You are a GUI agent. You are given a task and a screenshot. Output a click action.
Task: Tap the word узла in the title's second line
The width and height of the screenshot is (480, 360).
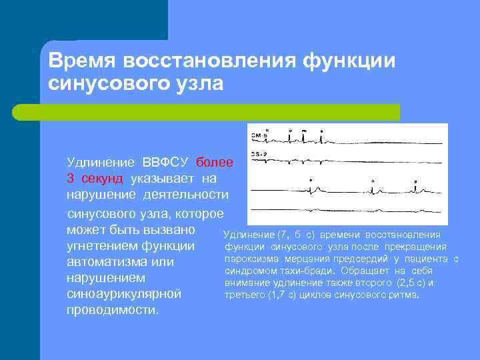click(200, 84)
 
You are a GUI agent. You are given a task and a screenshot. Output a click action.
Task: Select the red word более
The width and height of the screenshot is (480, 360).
click(215, 162)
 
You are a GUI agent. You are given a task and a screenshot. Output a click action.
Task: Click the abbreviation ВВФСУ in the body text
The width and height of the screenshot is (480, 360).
click(166, 162)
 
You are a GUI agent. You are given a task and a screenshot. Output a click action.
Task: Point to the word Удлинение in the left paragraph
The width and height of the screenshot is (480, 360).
click(99, 162)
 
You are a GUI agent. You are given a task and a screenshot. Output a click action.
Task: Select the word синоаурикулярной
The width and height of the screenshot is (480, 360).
click(123, 294)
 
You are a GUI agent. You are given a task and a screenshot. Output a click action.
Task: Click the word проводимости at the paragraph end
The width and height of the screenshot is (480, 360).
click(112, 310)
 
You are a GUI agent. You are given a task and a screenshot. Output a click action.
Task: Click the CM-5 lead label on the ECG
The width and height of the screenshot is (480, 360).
click(259, 135)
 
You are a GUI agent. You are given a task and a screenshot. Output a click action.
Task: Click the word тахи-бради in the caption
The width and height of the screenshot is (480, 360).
click(311, 271)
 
